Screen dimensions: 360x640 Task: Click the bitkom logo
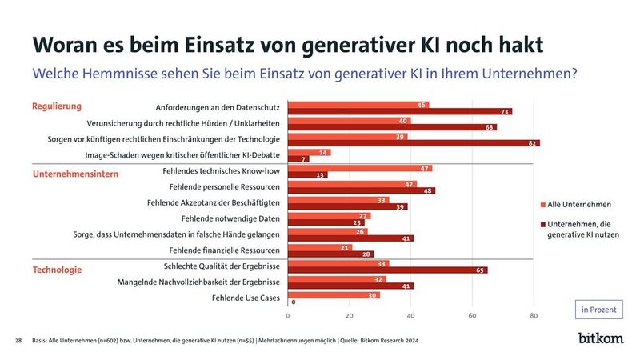tap(600, 338)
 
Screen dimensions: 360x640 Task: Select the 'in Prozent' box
tap(599, 310)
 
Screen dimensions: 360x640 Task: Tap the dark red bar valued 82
tap(413, 143)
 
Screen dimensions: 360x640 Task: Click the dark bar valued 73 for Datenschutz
tap(399, 112)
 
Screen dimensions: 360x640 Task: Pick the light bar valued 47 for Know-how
tap(359, 168)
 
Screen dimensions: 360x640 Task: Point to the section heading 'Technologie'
tap(57, 270)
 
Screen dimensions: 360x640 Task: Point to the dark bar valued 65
tap(387, 270)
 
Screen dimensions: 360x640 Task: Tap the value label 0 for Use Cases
tap(294, 302)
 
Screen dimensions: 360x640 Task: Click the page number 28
tap(18, 341)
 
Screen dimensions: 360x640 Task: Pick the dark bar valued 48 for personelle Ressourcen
tap(361, 190)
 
